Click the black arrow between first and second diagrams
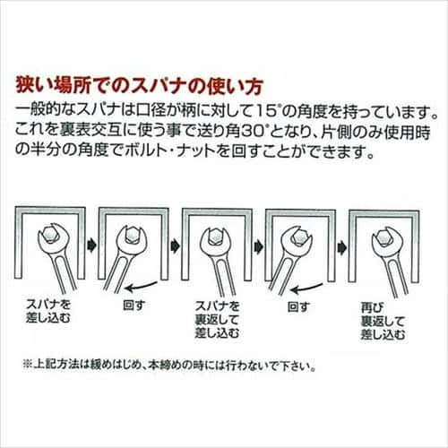click(91, 246)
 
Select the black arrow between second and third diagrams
click(175, 246)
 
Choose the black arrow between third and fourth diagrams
click(259, 246)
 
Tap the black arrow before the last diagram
click(342, 247)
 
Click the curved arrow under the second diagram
click(142, 287)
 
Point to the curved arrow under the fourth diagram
click(306, 288)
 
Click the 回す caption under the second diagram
click(134, 306)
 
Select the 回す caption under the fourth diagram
click(298, 306)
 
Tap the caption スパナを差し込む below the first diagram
click(48, 311)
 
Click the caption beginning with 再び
click(383, 321)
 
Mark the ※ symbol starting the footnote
click(28, 366)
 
